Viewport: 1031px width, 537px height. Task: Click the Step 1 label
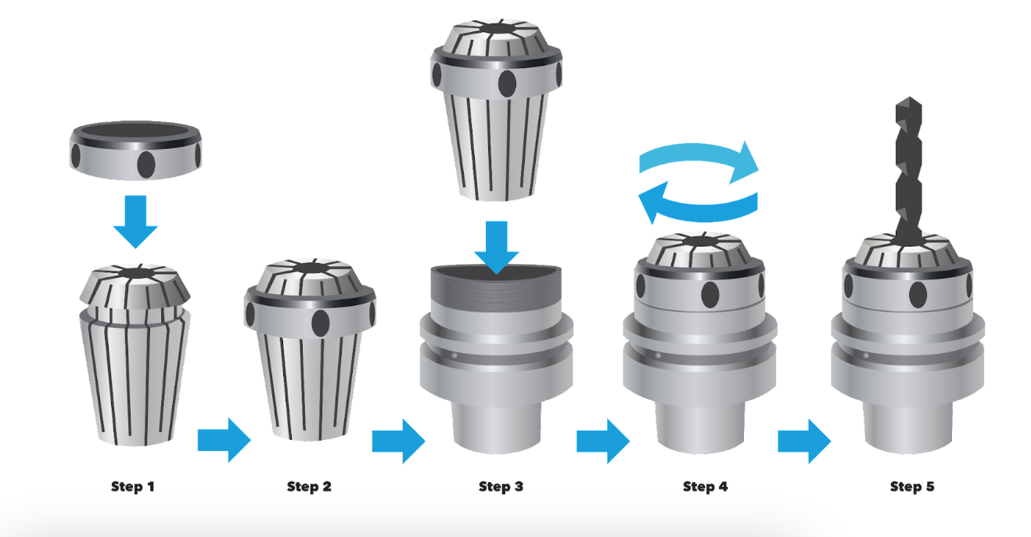point(132,486)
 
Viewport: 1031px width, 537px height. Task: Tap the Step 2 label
point(309,486)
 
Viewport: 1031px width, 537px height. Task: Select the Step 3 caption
point(501,486)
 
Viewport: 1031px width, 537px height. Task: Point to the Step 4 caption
point(705,486)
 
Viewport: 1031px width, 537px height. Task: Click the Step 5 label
point(912,486)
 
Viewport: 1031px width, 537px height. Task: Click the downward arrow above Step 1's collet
point(136,222)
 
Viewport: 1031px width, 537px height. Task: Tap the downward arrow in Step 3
point(497,247)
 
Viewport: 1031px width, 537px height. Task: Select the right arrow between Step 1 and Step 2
point(225,440)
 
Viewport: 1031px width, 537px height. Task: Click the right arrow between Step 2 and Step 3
point(399,441)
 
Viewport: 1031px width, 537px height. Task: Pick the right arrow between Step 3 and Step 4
point(603,441)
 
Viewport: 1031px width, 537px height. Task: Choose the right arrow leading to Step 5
point(804,441)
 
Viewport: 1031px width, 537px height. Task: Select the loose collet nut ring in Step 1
point(136,150)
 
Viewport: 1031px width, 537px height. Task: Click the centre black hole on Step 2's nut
point(321,323)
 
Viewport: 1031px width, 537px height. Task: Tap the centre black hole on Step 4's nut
point(710,295)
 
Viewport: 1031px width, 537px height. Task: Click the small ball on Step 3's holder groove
point(454,356)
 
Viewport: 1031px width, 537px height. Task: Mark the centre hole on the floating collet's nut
point(507,84)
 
